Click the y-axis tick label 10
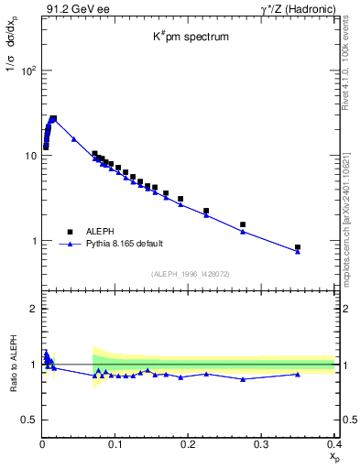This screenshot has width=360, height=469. coord(30,156)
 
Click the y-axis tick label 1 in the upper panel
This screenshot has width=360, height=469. coord(34,241)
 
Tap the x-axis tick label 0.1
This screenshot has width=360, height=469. coord(115,444)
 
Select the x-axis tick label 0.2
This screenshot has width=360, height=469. coord(189,444)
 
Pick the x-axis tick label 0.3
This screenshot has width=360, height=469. coord(262,444)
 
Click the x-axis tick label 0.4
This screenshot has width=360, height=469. coord(333,444)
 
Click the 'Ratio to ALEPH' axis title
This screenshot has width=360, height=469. coord(13,364)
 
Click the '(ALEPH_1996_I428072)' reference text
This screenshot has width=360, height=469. coord(189,274)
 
